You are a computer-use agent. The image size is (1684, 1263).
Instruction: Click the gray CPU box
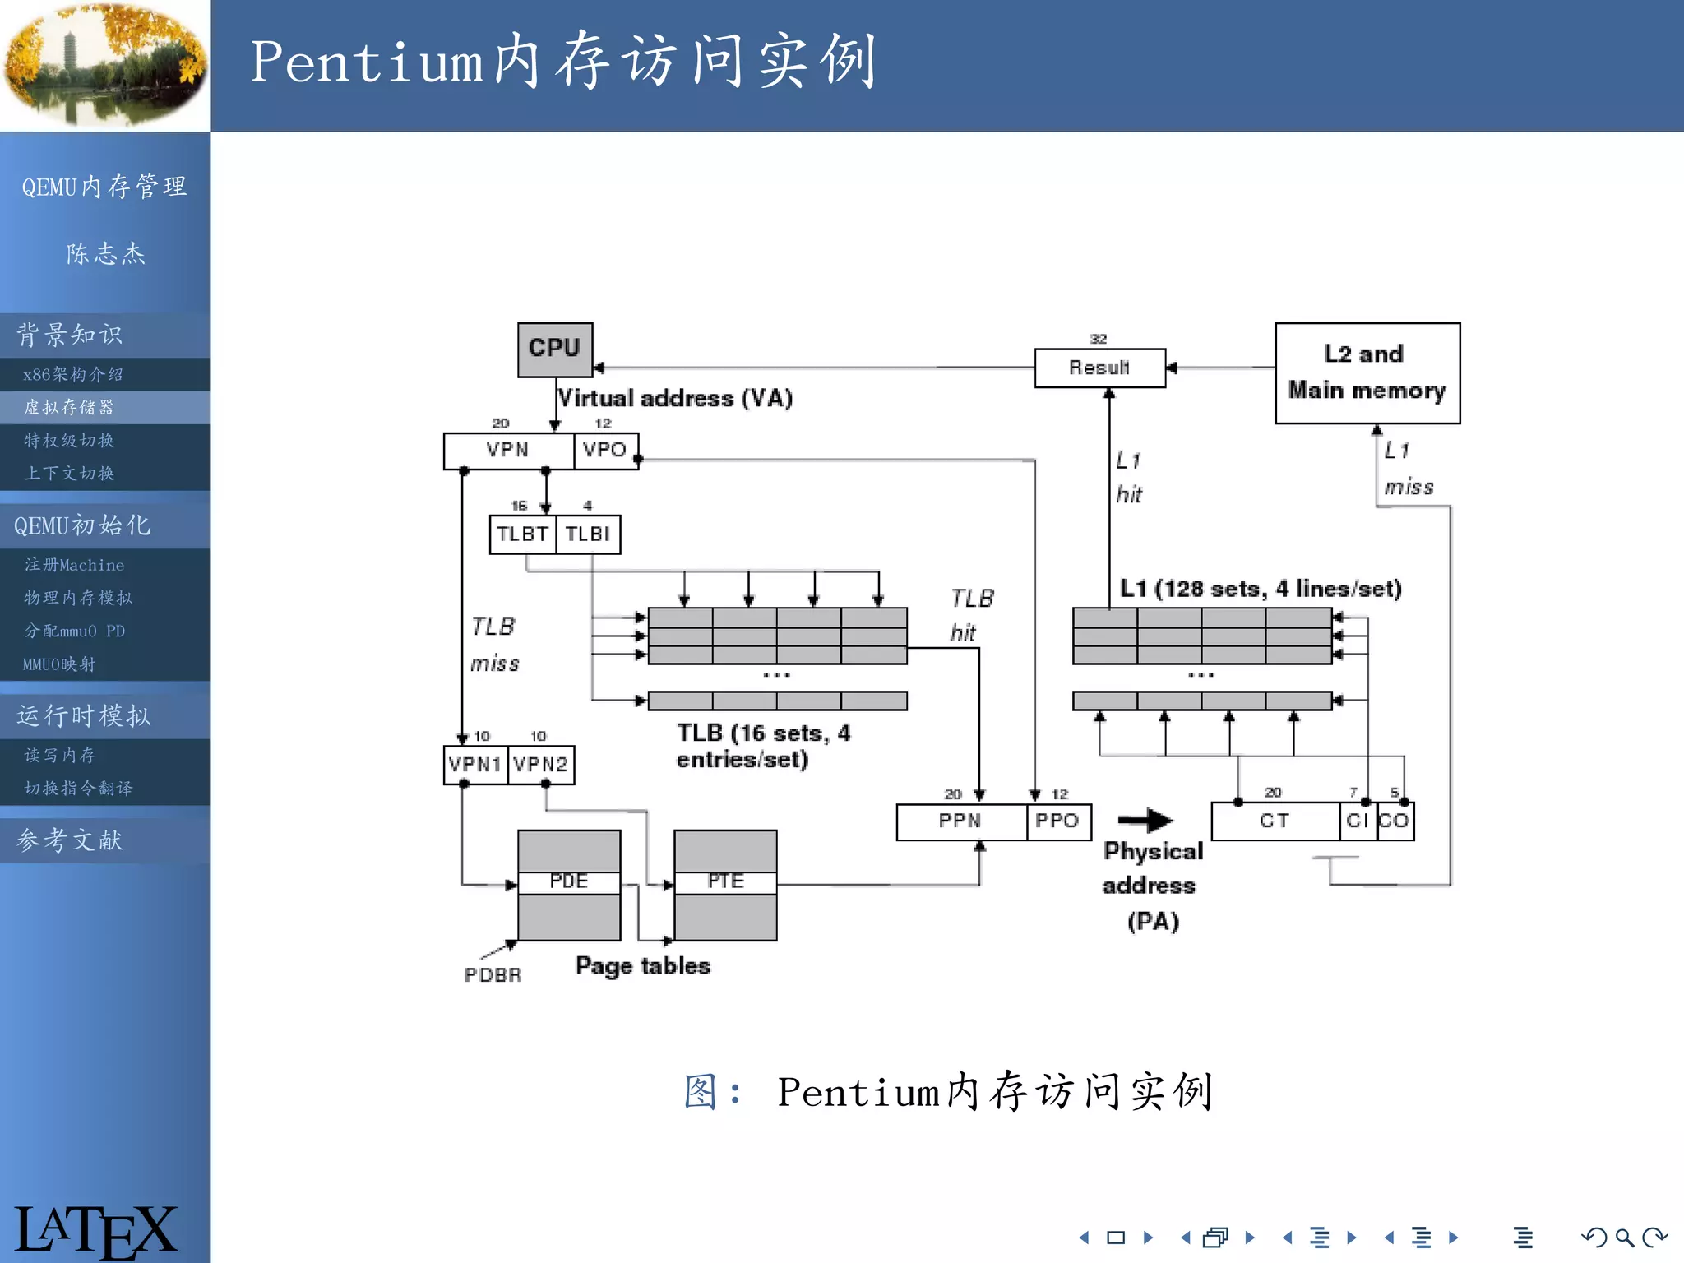click(554, 349)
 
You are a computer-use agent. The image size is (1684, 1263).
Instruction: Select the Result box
click(1099, 368)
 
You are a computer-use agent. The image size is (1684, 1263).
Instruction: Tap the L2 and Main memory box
click(1367, 372)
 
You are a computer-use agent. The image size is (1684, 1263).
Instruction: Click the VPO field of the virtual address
click(605, 451)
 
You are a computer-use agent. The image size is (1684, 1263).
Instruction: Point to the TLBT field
click(522, 534)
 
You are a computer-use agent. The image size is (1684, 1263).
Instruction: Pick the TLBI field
click(588, 534)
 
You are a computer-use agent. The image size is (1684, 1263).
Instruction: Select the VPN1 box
click(475, 765)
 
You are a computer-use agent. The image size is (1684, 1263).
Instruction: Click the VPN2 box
click(541, 765)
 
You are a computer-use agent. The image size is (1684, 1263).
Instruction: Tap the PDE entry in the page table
click(569, 882)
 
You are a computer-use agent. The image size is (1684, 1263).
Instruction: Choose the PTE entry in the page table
click(725, 882)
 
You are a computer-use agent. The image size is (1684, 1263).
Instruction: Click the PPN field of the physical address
click(960, 821)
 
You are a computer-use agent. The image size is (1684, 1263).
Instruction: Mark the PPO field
click(1057, 821)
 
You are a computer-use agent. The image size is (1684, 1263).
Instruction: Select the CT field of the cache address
click(1275, 821)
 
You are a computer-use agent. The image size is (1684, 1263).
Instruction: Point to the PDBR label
click(493, 975)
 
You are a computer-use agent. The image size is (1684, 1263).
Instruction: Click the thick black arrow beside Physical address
click(1145, 820)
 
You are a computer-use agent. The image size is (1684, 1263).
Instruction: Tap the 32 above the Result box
click(1099, 339)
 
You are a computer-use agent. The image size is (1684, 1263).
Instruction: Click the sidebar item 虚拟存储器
click(70, 408)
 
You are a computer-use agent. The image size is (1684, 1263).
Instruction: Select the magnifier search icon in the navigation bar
click(1624, 1238)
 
